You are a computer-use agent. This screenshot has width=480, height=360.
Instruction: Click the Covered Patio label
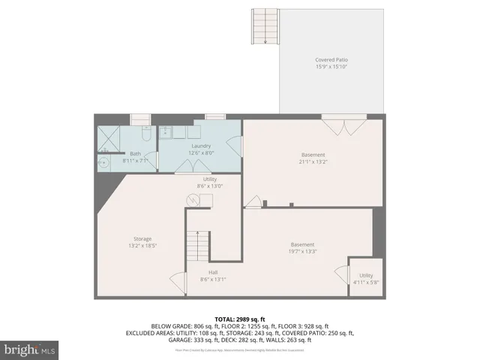click(331, 63)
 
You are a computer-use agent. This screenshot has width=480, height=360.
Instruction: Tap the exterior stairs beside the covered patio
click(263, 27)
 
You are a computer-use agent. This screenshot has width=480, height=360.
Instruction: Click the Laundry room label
click(201, 145)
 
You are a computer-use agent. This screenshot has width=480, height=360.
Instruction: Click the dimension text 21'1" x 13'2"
click(313, 161)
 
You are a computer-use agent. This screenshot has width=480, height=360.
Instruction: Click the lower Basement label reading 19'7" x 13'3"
click(303, 248)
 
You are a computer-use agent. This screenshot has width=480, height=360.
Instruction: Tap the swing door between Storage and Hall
click(178, 281)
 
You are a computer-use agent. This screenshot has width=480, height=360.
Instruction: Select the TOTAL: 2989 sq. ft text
click(239, 319)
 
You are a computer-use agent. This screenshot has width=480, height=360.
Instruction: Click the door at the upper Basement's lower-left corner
click(253, 201)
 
